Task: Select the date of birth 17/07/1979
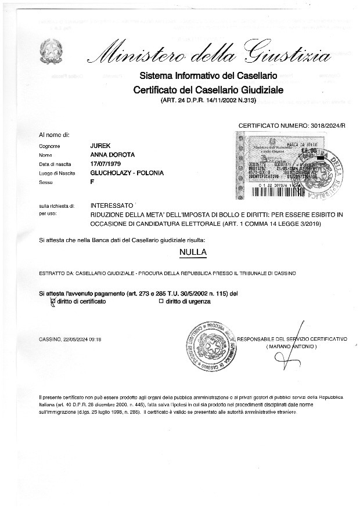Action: point(105,164)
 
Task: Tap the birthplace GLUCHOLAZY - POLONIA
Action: point(127,173)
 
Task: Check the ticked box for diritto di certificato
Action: point(53,302)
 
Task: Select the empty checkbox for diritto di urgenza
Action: point(161,302)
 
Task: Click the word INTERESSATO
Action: point(112,205)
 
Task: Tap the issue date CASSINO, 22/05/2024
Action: point(70,339)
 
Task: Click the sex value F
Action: point(92,182)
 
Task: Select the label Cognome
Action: point(50,147)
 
